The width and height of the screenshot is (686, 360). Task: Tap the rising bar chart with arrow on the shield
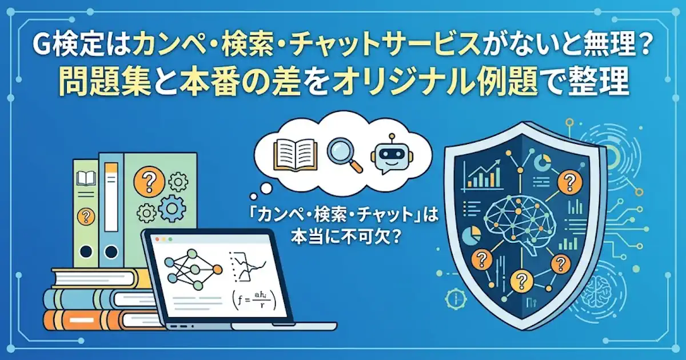483,175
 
